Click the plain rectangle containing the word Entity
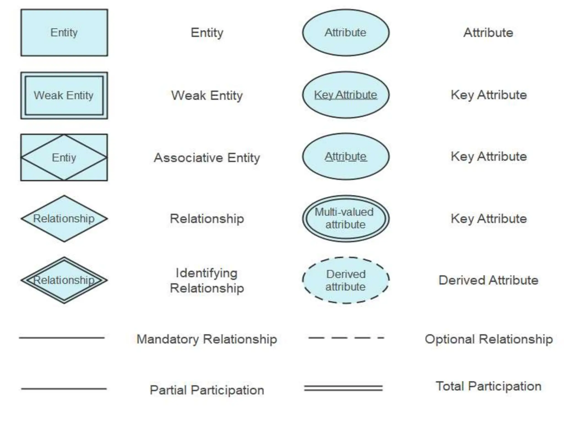pyautogui.click(x=64, y=32)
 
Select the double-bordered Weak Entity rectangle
pyautogui.click(x=64, y=95)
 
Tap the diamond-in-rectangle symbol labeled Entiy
pyautogui.click(x=64, y=158)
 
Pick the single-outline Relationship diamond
pyautogui.click(x=64, y=219)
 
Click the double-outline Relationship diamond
pyautogui.click(x=64, y=280)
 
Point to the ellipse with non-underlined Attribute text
pyautogui.click(x=346, y=32)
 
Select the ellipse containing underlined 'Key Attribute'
pyautogui.click(x=346, y=95)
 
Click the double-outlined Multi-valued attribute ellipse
pyautogui.click(x=346, y=219)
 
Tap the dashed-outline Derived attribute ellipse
pyautogui.click(x=346, y=280)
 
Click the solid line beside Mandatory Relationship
pyautogui.click(x=62, y=338)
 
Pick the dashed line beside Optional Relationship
pyautogui.click(x=346, y=338)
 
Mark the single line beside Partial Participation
pyautogui.click(x=64, y=389)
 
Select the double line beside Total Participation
pyautogui.click(x=343, y=388)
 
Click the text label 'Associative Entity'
pyautogui.click(x=207, y=158)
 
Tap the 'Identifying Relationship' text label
pyautogui.click(x=207, y=281)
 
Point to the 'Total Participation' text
pyautogui.click(x=489, y=386)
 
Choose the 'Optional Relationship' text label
pyautogui.click(x=489, y=339)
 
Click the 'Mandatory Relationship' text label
pyautogui.click(x=207, y=339)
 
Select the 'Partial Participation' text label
pyautogui.click(x=207, y=390)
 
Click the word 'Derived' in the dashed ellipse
pyautogui.click(x=346, y=274)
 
